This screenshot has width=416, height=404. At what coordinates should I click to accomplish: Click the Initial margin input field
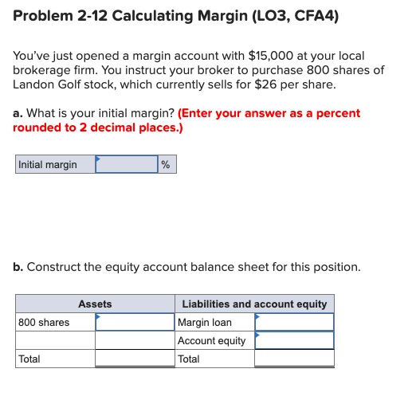[127, 165]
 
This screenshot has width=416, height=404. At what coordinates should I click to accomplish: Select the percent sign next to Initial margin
[165, 165]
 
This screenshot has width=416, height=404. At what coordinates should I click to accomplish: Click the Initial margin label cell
[55, 165]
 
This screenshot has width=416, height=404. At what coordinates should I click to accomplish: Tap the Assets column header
[95, 304]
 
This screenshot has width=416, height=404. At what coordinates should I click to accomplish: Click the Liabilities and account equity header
[254, 304]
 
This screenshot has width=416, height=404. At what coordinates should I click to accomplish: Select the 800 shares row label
[44, 323]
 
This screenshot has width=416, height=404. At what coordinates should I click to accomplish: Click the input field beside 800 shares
[135, 323]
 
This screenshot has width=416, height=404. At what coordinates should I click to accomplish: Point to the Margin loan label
[205, 323]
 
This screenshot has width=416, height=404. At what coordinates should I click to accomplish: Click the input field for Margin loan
[294, 323]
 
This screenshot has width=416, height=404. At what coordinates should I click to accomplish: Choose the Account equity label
[211, 341]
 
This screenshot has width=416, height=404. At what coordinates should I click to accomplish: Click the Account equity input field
[294, 341]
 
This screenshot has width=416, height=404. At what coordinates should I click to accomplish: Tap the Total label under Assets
[29, 359]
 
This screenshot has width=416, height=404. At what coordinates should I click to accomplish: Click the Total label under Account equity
[189, 359]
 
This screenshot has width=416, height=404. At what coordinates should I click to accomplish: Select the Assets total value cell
[135, 359]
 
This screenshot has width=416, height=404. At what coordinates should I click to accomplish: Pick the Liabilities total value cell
[294, 359]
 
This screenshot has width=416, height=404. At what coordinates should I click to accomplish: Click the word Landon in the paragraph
[36, 84]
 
